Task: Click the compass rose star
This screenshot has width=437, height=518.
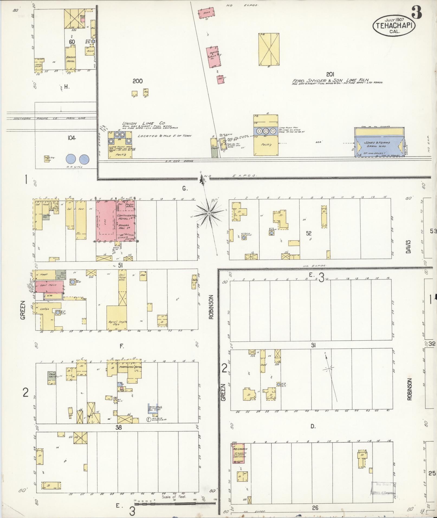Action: pos(209,214)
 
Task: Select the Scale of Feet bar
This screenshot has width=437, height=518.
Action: pos(175,503)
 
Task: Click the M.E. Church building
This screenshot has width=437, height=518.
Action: pos(238,453)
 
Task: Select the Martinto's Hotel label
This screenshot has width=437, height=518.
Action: pos(131,366)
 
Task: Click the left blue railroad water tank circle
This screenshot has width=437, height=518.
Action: pos(71,159)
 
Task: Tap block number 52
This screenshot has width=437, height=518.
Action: pos(309,233)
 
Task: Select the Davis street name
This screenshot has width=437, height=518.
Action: pos(408,246)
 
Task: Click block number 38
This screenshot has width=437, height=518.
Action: pos(118,428)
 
